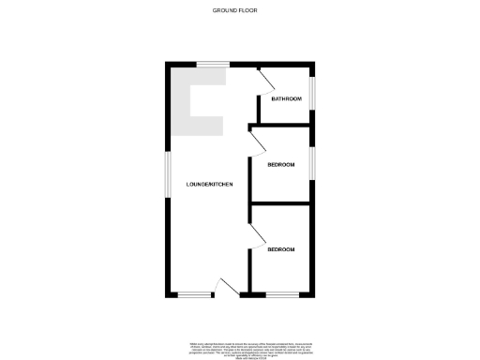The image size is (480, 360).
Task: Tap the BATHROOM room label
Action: coord(286,98)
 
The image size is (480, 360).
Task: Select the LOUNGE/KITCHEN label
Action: coord(209,184)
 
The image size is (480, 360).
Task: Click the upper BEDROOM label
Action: coord(281,165)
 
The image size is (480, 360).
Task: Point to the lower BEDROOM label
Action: coord(281,249)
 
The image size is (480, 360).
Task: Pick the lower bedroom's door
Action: coord(256,235)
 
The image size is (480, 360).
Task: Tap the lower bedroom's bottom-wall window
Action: coord(281,295)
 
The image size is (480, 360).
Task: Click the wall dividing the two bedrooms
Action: coord(281,203)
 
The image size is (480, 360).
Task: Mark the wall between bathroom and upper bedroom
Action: coord(281,125)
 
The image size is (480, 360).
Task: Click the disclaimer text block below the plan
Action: coord(240,348)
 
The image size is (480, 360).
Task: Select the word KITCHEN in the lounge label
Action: coord(219,184)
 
